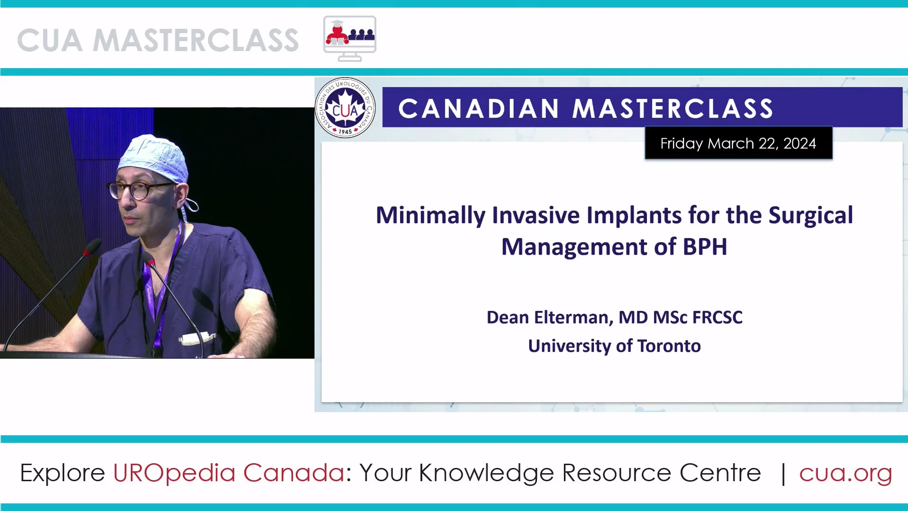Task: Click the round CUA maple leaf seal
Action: [x=345, y=108]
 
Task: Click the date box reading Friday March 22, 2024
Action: [x=738, y=143]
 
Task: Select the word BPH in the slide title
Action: [x=705, y=247]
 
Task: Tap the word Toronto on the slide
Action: [x=669, y=346]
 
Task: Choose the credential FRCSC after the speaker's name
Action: [x=717, y=317]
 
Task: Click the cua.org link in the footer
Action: [x=846, y=473]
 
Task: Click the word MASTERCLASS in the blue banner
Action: [x=672, y=108]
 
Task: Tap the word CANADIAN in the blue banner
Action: [x=479, y=108]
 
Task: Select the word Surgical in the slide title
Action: [x=811, y=215]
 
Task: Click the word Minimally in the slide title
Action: [x=430, y=215]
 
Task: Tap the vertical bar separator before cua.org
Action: [x=783, y=473]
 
